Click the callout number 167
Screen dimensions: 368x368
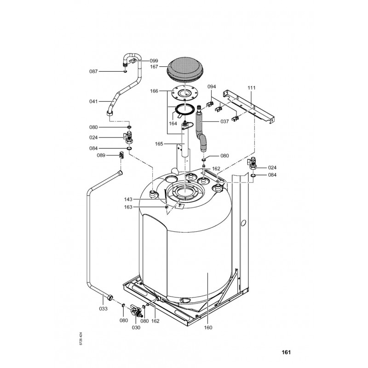tap(154, 67)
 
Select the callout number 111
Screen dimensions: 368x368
tap(251, 88)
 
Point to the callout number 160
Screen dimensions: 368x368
tap(208, 328)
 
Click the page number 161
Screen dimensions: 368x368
tap(286, 352)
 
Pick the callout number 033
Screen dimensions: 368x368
tap(103, 309)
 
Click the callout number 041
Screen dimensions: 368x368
tap(93, 101)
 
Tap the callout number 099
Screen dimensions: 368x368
tap(154, 61)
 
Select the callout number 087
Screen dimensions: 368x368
tap(93, 71)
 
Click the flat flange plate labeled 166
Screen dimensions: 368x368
tap(184, 93)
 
